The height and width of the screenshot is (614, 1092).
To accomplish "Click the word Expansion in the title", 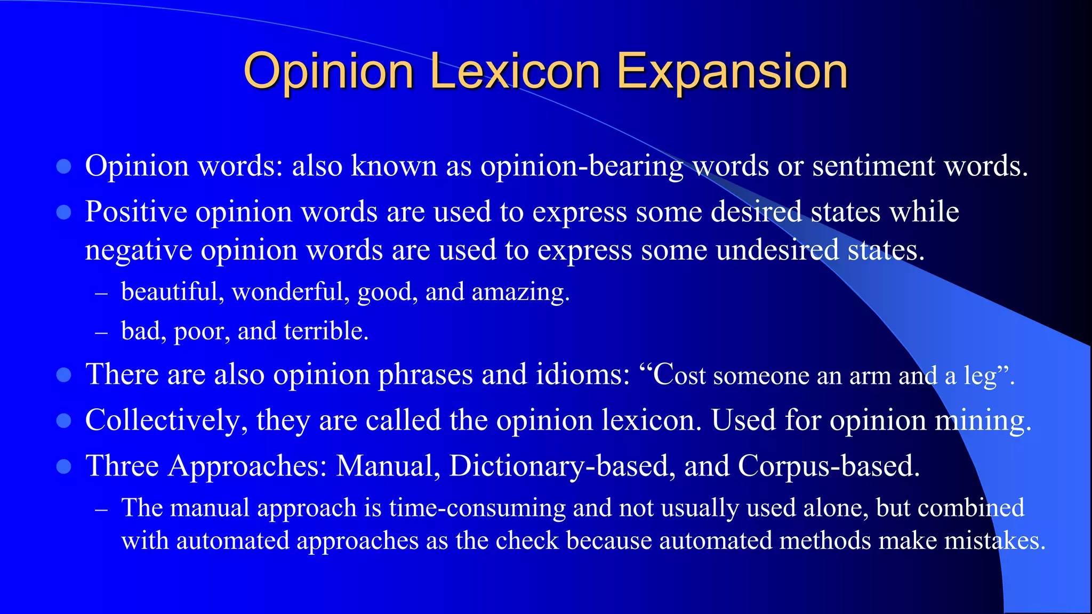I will click(732, 72).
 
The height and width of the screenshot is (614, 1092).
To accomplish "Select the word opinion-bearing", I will click(582, 167).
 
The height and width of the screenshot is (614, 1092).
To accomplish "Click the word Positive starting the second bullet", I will click(136, 212).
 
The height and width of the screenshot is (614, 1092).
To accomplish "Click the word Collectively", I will click(166, 421).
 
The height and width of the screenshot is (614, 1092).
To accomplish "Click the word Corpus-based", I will click(829, 466).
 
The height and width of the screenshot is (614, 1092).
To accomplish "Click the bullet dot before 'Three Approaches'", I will click(63, 467).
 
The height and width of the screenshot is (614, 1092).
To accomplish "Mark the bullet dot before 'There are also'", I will click(63, 375).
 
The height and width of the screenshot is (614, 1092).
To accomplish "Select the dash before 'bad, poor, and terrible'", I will click(101, 333).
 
